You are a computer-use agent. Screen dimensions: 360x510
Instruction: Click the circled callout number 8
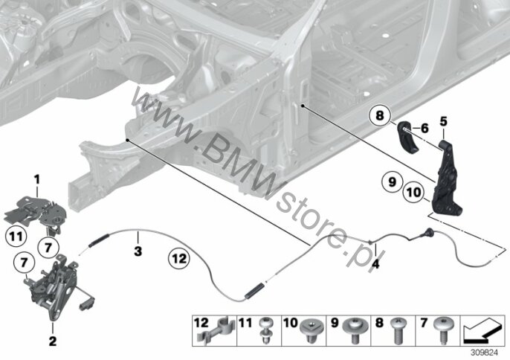pos(378,116)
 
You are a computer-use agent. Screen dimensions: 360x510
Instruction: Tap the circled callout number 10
pos(414,193)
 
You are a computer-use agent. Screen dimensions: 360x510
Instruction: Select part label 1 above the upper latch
pos(36,179)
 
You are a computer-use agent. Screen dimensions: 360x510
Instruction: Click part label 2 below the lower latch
pos(52,341)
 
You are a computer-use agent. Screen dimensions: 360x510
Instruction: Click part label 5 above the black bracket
pos(444,121)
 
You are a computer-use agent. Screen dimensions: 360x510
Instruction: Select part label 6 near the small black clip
pos(425,128)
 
